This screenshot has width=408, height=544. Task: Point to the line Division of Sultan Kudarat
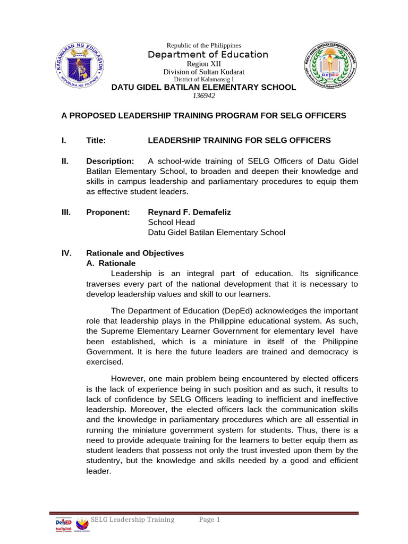203,72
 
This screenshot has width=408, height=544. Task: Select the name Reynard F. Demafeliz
189,212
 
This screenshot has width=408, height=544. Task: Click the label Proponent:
108,212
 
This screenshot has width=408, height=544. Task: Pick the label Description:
110,161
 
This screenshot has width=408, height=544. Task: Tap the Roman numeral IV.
67,253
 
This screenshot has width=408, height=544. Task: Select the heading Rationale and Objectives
135,253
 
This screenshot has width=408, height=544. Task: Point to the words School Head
171,222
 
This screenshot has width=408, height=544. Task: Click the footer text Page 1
209,520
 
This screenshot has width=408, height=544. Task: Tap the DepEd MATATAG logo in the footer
64,523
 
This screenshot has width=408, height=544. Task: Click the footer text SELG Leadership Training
132,520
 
